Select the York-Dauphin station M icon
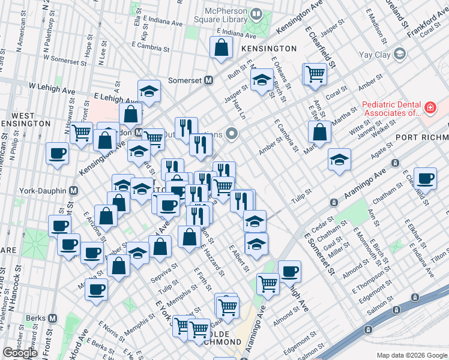(x=73, y=191)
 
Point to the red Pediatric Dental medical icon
(x=430, y=108)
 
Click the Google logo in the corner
(x=20, y=352)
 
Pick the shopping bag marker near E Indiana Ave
(x=221, y=47)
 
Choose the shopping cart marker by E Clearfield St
(x=315, y=74)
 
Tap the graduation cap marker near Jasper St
(x=262, y=80)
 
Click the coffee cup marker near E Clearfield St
(x=426, y=178)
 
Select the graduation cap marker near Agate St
(x=339, y=160)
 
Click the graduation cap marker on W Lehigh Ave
(x=149, y=91)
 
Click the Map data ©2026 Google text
(x=411, y=355)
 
